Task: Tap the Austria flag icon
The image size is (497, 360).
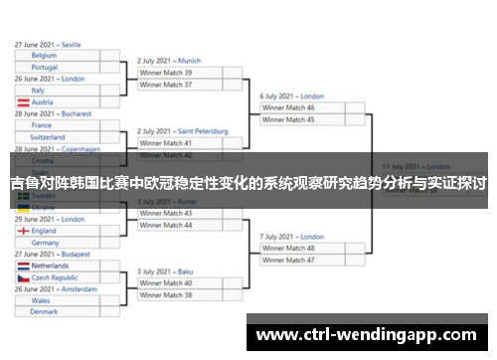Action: [22, 102]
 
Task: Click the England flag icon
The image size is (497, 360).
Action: [22, 231]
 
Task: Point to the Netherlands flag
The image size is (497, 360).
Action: [22, 267]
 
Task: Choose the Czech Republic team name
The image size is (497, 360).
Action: [55, 278]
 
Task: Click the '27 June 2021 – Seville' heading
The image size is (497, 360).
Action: [49, 45]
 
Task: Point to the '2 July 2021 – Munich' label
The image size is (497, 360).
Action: [169, 61]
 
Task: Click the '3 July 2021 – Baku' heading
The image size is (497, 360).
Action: [165, 271]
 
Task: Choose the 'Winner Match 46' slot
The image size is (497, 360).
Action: [304, 107]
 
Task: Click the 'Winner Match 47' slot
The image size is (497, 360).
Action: [304, 260]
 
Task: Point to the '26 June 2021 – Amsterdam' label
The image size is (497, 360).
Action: [56, 288]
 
